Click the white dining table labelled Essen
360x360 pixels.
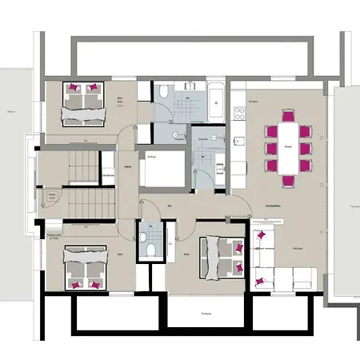tap(287, 146)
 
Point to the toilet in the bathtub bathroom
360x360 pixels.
tap(162, 94)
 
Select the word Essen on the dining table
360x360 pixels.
tap(287, 146)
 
